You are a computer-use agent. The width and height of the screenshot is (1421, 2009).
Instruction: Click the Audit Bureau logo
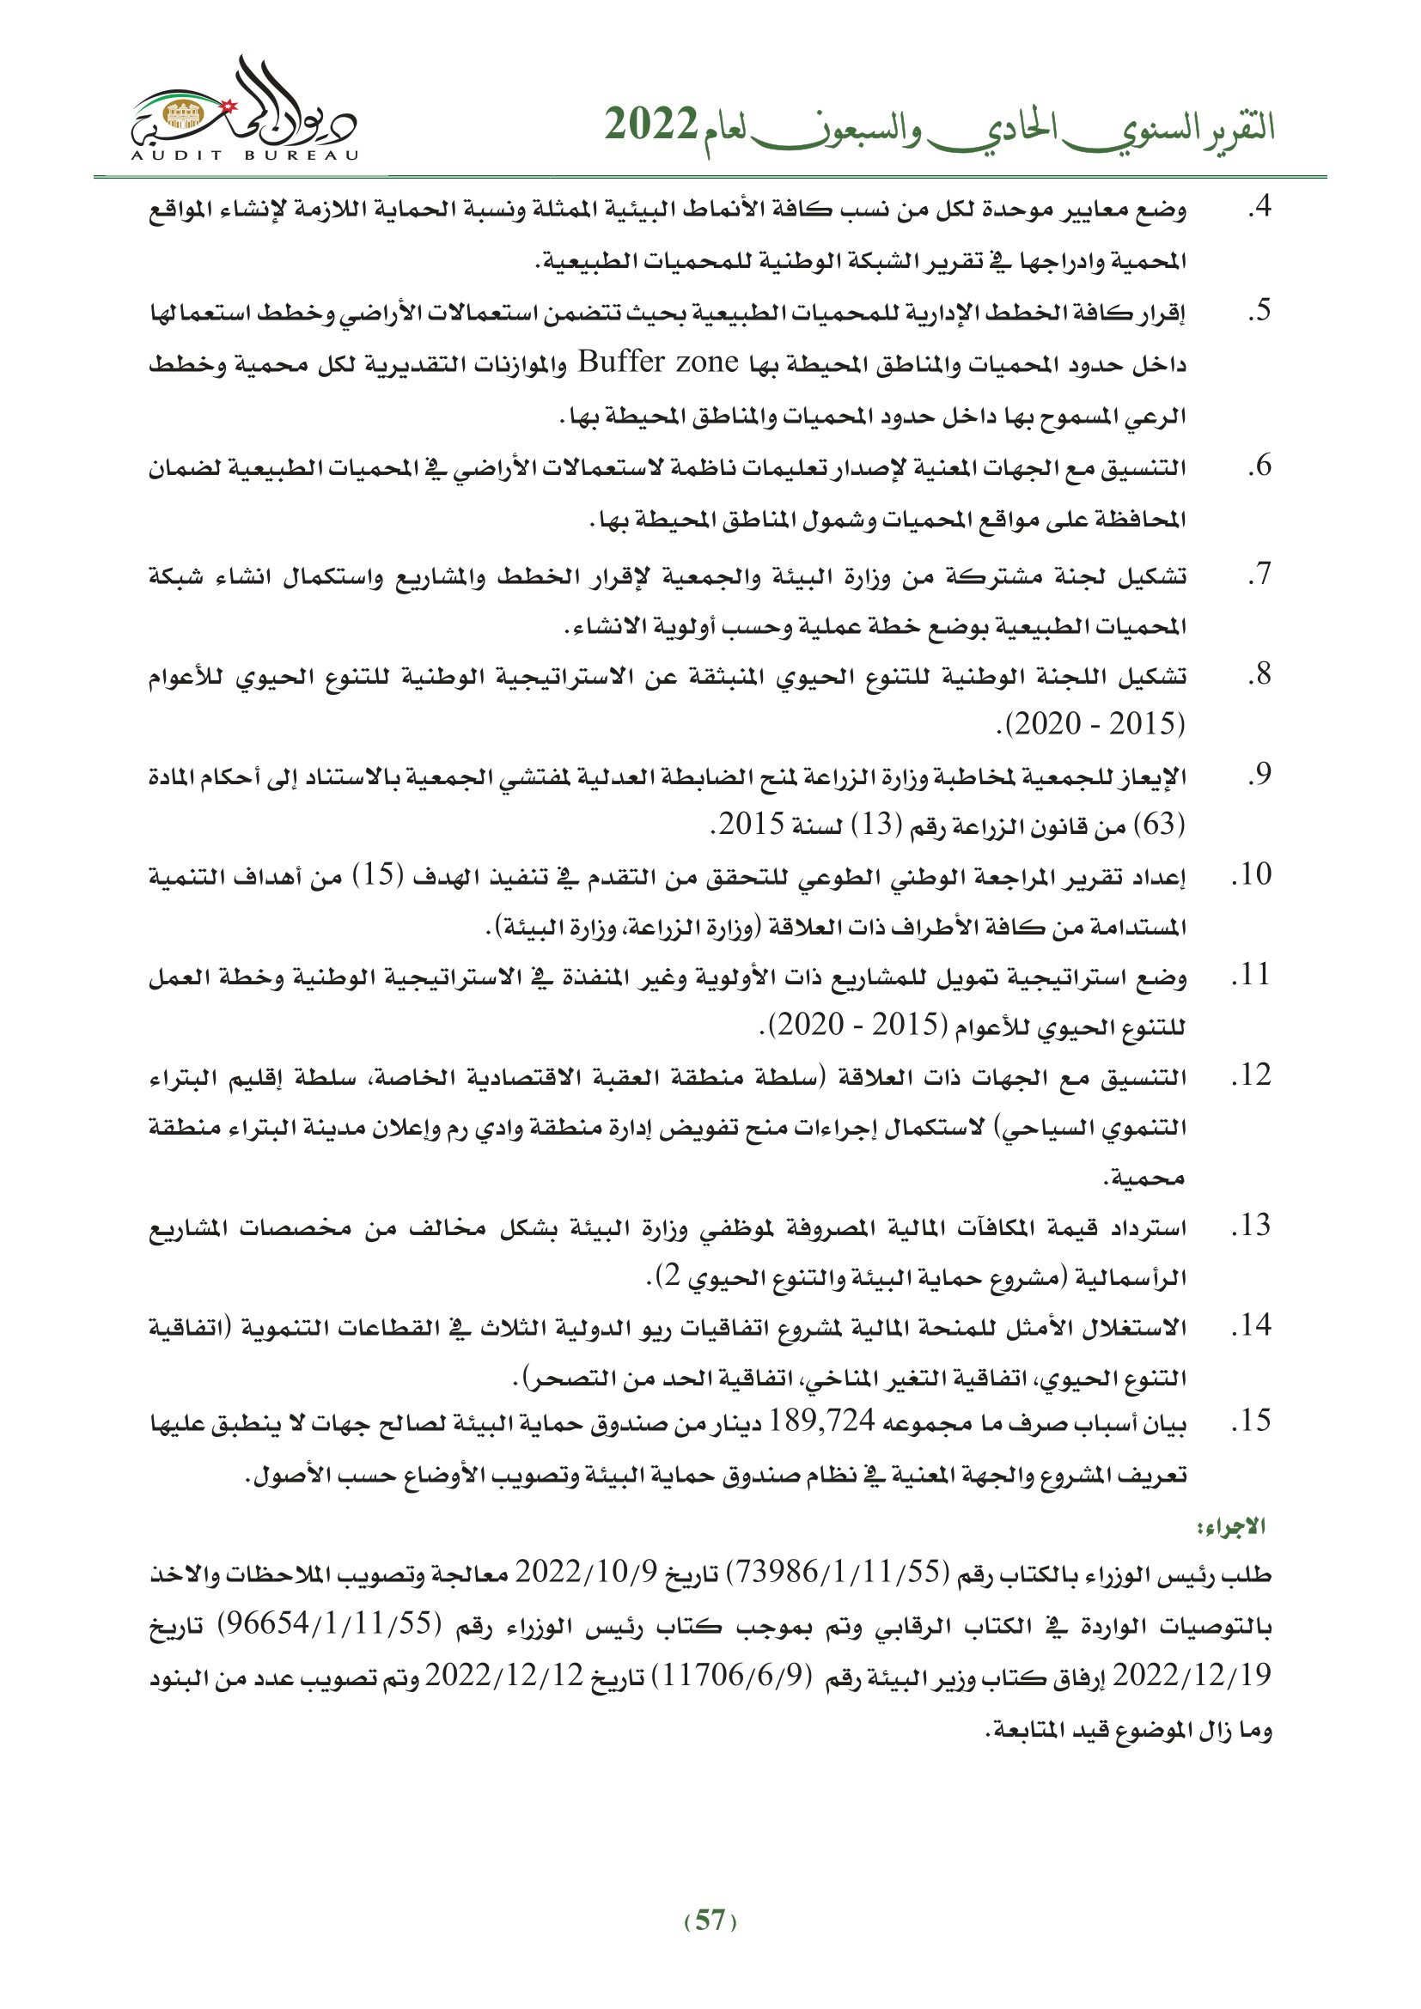point(244,109)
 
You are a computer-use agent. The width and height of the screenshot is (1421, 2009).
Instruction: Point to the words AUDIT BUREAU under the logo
point(244,155)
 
